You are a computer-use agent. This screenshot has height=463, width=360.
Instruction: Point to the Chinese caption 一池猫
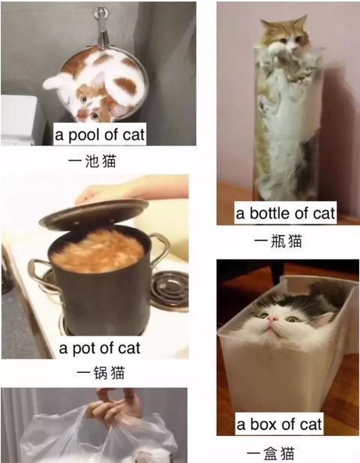92,161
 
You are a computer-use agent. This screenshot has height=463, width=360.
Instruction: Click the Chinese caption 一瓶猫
278,241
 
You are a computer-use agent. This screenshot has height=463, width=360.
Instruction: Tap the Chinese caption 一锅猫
100,373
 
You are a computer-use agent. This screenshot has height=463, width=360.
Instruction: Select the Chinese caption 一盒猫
270,453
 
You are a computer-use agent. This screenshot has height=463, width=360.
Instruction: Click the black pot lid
94,212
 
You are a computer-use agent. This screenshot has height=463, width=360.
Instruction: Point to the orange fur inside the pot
97,251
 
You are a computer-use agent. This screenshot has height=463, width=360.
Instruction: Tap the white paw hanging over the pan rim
56,81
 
